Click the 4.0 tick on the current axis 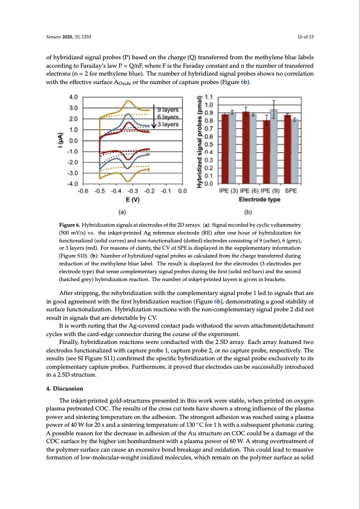[72, 97]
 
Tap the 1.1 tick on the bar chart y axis [209, 97]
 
